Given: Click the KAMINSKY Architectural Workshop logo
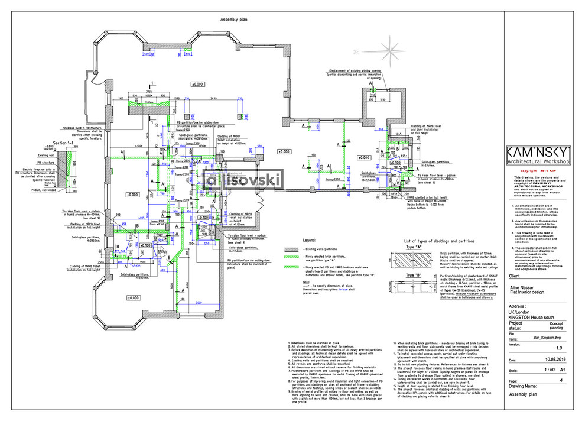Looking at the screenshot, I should point(541,154).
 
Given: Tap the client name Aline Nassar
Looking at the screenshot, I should point(525,286).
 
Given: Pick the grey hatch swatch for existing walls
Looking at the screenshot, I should point(290,250).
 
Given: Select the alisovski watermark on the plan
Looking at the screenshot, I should point(243,178).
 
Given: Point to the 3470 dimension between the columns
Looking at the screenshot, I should point(213,98).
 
